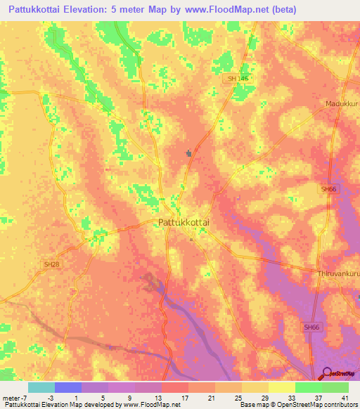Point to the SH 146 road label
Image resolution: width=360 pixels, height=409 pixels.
point(238,79)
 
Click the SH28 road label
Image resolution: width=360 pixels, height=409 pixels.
point(51,264)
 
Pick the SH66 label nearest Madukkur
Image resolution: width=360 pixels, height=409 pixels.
point(328,189)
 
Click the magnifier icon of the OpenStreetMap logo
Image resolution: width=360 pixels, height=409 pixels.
point(326,374)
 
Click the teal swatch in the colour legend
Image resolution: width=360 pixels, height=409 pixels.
point(41,387)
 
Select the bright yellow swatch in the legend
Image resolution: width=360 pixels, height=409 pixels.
point(281,387)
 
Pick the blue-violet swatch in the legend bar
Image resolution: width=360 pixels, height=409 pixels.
point(68,387)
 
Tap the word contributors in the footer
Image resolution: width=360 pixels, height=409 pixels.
point(340,405)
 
